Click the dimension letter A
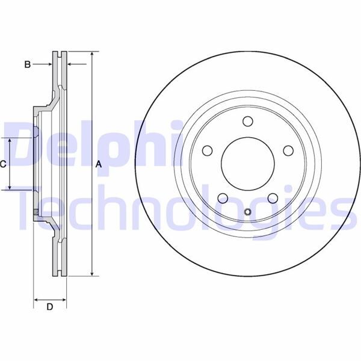click(99, 164)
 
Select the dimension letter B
click(27, 64)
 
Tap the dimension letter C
click(3, 164)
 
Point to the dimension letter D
click(50, 307)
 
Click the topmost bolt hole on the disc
click(247, 122)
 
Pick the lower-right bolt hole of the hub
click(272, 199)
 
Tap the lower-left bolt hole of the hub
click(222, 199)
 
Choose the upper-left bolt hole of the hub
click(207, 150)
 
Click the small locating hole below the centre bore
click(247, 211)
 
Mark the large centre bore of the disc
click(247, 164)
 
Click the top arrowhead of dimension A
click(91, 55)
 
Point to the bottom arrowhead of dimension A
click(91, 273)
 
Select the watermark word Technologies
click(180, 208)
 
